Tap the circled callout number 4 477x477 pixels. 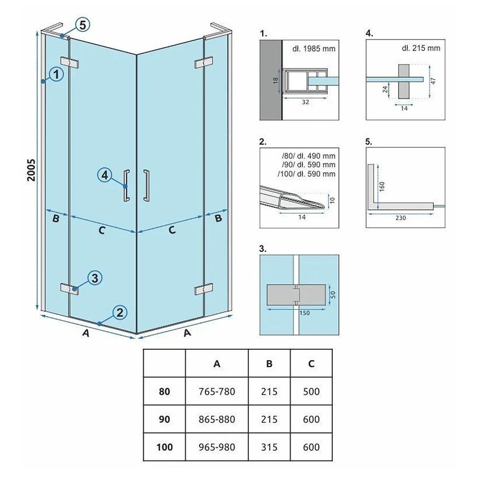(x=106, y=175)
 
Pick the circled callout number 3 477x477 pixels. (x=94, y=278)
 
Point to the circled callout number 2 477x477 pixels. (x=120, y=313)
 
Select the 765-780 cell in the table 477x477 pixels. (x=217, y=392)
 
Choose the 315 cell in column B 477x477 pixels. (x=270, y=447)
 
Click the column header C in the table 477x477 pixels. (x=311, y=364)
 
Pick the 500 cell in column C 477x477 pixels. (x=311, y=392)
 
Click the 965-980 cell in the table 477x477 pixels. (x=217, y=447)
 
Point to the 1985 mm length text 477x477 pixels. (x=314, y=48)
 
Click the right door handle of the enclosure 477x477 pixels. (x=146, y=186)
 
